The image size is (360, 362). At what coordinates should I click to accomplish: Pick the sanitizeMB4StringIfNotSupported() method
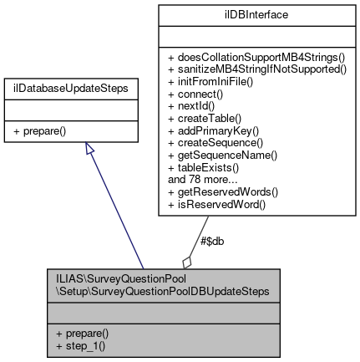click(256, 69)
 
